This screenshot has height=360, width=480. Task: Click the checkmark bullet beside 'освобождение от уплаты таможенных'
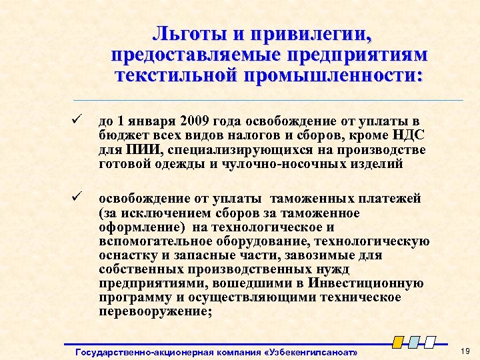pos(77,198)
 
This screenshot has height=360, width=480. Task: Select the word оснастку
pos(124,255)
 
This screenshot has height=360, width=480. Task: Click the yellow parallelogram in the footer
pos(398,342)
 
